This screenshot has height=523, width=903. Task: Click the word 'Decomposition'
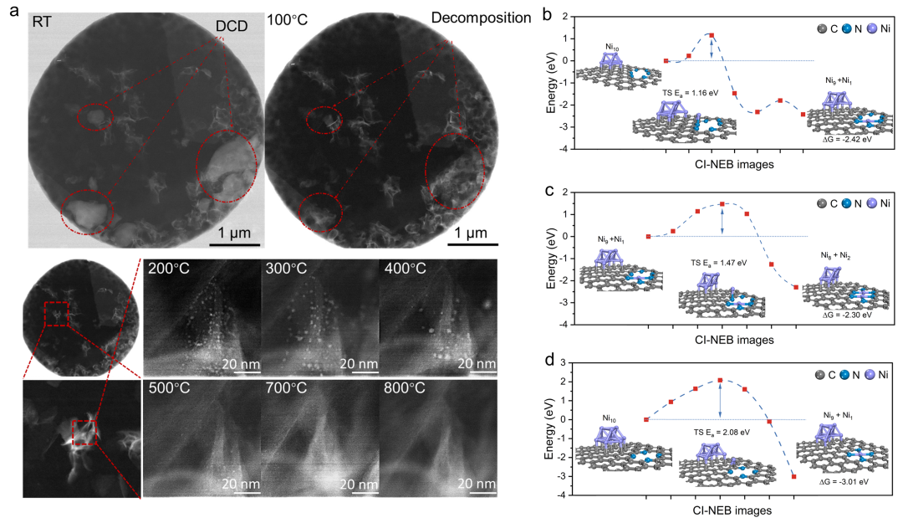click(481, 18)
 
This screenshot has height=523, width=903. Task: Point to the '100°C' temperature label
click(287, 18)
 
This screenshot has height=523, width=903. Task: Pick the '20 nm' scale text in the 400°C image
click(477, 364)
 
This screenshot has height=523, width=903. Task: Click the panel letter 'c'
click(548, 189)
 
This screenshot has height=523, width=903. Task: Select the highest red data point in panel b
click(711, 35)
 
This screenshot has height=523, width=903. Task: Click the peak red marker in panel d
click(720, 380)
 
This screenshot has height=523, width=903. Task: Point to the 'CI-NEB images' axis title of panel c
click(733, 340)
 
